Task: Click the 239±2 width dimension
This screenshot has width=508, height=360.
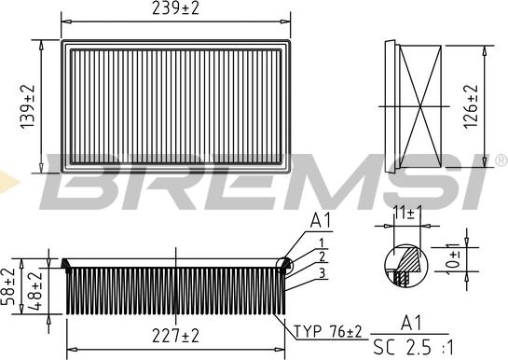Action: coord(175,8)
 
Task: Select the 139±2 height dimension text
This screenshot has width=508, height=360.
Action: coord(27,106)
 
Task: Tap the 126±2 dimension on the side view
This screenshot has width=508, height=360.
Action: coord(471,106)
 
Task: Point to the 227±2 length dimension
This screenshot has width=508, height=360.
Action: coord(175,336)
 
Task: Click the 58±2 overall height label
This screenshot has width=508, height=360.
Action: coord(7,286)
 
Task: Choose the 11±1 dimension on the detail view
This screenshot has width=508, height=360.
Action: coord(407,213)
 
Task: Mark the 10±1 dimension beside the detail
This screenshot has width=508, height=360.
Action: coord(453,259)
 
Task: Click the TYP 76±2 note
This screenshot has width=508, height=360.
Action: coord(327,331)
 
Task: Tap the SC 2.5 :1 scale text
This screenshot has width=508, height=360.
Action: coord(414,348)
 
